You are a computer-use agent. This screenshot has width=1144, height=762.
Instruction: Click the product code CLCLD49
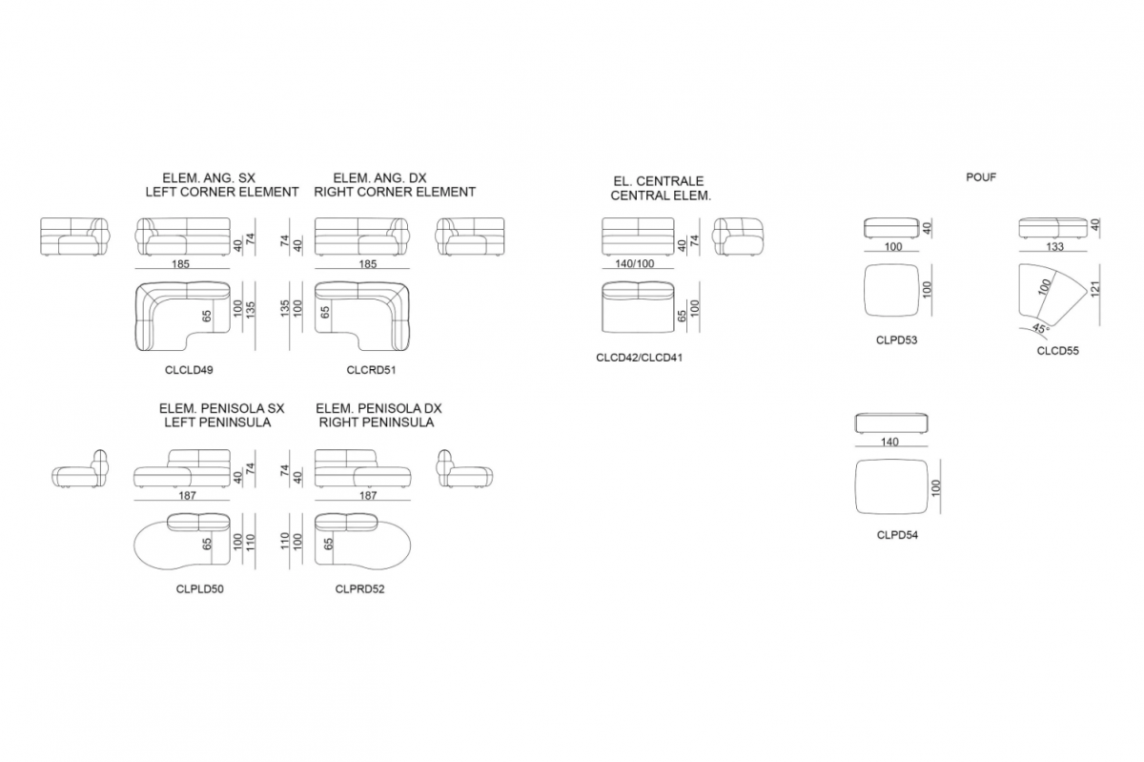189,370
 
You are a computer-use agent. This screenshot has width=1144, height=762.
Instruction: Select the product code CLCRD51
371,370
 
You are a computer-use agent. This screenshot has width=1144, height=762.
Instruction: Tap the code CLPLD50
199,589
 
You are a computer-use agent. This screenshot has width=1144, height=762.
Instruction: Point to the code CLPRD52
359,589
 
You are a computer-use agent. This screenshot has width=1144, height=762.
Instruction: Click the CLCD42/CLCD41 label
639,358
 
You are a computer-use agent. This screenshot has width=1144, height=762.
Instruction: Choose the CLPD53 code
896,340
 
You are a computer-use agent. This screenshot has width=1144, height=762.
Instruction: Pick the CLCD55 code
1057,351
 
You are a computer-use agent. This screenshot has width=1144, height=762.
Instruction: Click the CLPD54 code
897,535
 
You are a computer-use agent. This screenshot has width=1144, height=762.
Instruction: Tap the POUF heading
981,177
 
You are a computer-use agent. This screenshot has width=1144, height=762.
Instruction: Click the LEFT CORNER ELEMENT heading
221,192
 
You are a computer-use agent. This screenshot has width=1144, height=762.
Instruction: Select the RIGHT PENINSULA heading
377,422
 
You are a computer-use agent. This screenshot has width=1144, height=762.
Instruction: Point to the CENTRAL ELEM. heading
661,196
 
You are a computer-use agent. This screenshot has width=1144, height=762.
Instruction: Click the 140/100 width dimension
634,264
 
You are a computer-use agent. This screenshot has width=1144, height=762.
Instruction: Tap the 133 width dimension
1054,247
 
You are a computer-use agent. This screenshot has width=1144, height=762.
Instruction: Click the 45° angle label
1040,328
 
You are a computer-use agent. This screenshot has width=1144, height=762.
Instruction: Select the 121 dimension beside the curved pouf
1094,289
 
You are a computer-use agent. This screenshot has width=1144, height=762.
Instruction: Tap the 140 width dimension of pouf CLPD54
889,443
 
